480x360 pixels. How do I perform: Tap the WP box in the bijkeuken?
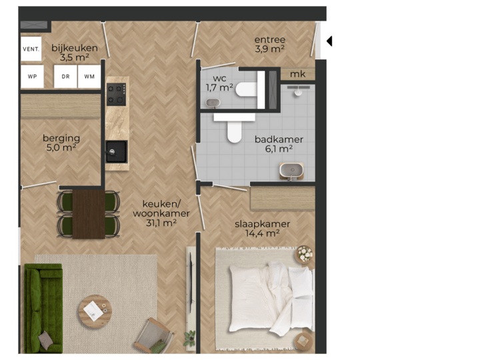click(x=31, y=76)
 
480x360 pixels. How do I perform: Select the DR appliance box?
click(x=66, y=76)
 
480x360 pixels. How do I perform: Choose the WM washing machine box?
click(x=89, y=76)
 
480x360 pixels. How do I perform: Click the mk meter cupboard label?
click(x=298, y=74)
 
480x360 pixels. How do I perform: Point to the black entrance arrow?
click(x=329, y=41)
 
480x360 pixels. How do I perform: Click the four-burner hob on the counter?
click(x=117, y=93)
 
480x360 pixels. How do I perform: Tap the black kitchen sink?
click(x=116, y=151)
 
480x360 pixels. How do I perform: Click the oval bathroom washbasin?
click(x=291, y=171)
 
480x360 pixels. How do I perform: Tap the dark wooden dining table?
click(x=89, y=214)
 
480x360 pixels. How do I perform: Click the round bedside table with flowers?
click(x=304, y=255)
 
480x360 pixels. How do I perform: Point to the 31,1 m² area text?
click(x=161, y=223)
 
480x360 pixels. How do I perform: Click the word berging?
click(x=61, y=138)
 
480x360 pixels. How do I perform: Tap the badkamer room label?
click(x=279, y=139)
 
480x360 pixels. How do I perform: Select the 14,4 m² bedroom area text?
click(x=262, y=233)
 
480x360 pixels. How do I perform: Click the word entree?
click(x=269, y=39)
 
